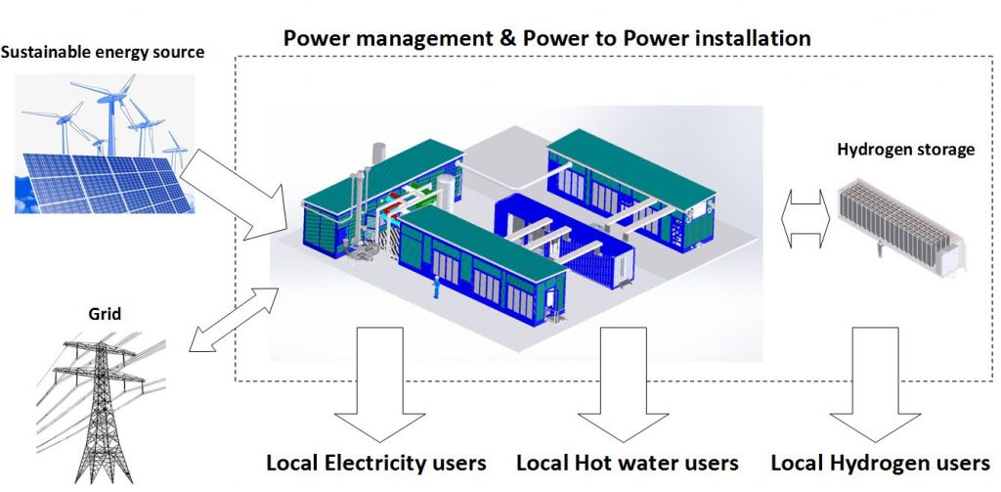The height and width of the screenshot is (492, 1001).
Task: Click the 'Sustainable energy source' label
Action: (103, 52)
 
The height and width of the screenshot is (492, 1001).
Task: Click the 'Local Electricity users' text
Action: (376, 462)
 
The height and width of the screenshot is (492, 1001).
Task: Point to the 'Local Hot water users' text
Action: (627, 462)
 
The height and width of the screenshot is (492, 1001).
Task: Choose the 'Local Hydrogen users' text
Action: (880, 462)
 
